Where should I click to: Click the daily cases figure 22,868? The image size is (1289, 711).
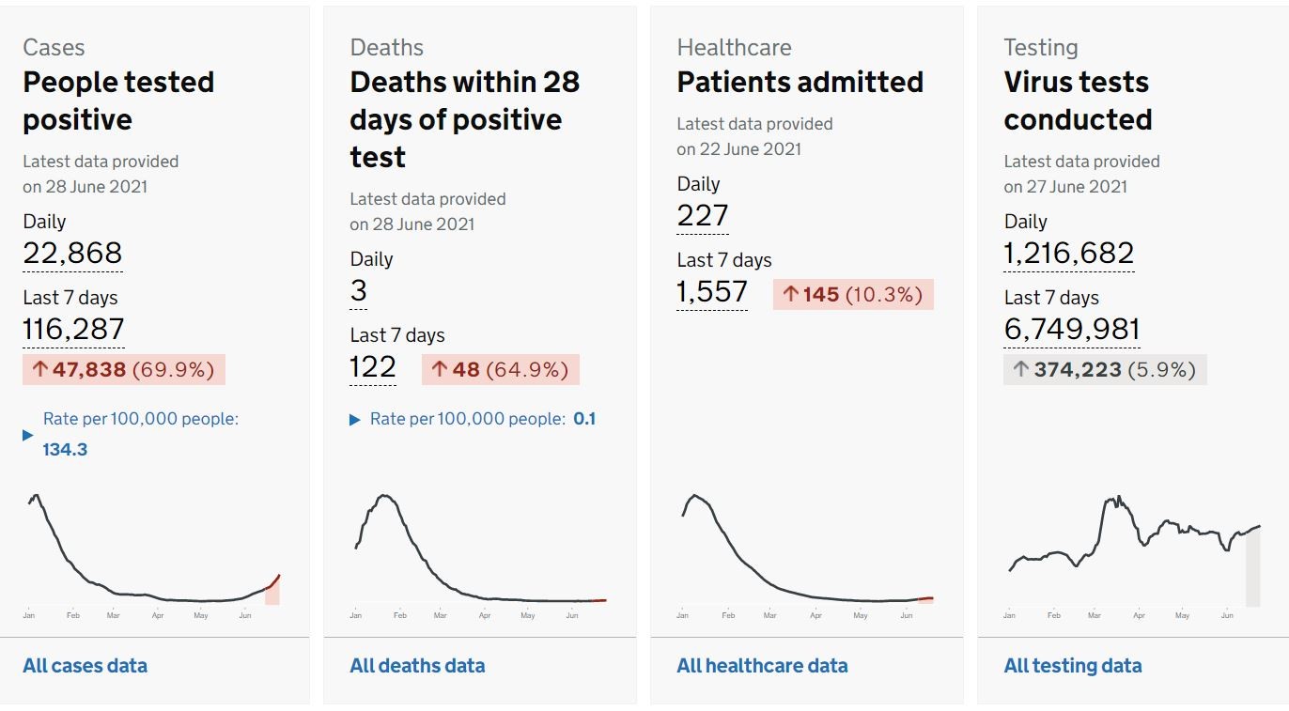72,253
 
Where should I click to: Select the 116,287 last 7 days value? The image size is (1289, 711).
73,329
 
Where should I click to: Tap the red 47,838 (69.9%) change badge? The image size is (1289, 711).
124,369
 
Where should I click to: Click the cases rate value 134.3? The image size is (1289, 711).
65,449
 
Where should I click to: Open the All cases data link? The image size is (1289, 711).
85,666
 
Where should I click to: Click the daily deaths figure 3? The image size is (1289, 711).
359,290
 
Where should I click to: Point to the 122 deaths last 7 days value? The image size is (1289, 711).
373,367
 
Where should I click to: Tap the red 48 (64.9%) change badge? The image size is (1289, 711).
501,369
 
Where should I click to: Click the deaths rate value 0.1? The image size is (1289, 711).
584,419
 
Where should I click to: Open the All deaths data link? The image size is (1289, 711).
417,666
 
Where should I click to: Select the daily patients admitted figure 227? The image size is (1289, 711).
703,216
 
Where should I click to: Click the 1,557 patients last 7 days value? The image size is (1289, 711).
712,292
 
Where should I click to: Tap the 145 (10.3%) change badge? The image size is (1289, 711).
853,295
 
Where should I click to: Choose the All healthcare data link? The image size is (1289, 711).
763,666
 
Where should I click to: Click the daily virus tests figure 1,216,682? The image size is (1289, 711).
1068,253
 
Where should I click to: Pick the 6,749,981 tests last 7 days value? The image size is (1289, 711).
1071,329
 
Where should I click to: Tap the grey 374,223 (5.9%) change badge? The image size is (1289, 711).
1105,369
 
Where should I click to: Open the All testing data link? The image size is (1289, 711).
1073,666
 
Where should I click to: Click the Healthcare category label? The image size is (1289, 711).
735,48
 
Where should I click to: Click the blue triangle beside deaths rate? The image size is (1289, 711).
355,420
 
